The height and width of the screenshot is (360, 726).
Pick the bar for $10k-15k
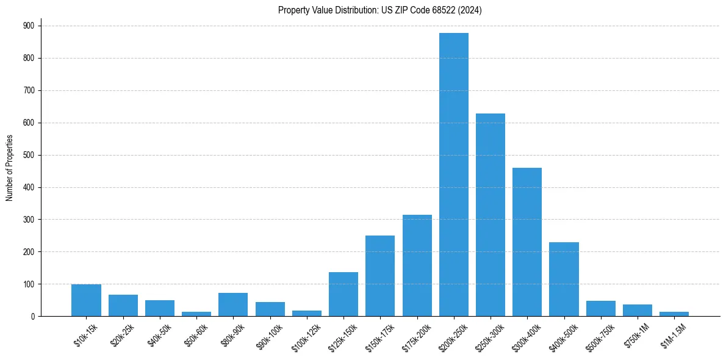(x=86, y=300)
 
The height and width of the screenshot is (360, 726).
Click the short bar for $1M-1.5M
(x=674, y=314)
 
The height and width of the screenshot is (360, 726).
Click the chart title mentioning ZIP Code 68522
(x=379, y=10)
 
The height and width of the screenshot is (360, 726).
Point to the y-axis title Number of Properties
(x=10, y=168)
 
